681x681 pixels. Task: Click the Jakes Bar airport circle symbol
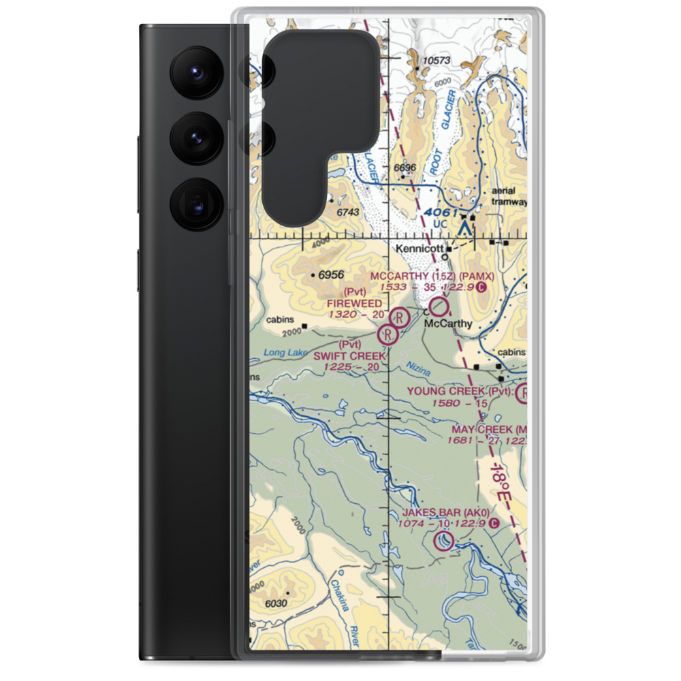[x=443, y=541]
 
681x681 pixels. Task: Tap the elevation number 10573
[x=437, y=61]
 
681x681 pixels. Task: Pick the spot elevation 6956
[x=329, y=275]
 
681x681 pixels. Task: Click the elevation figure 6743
[x=347, y=213]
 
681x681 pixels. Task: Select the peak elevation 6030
[x=276, y=604]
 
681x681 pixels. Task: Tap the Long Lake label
[x=282, y=353]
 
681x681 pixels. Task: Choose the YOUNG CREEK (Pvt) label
[x=460, y=391]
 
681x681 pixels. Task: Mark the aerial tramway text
[x=510, y=197]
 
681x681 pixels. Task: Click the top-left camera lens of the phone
[x=195, y=72]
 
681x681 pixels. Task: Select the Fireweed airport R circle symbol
[x=399, y=317]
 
